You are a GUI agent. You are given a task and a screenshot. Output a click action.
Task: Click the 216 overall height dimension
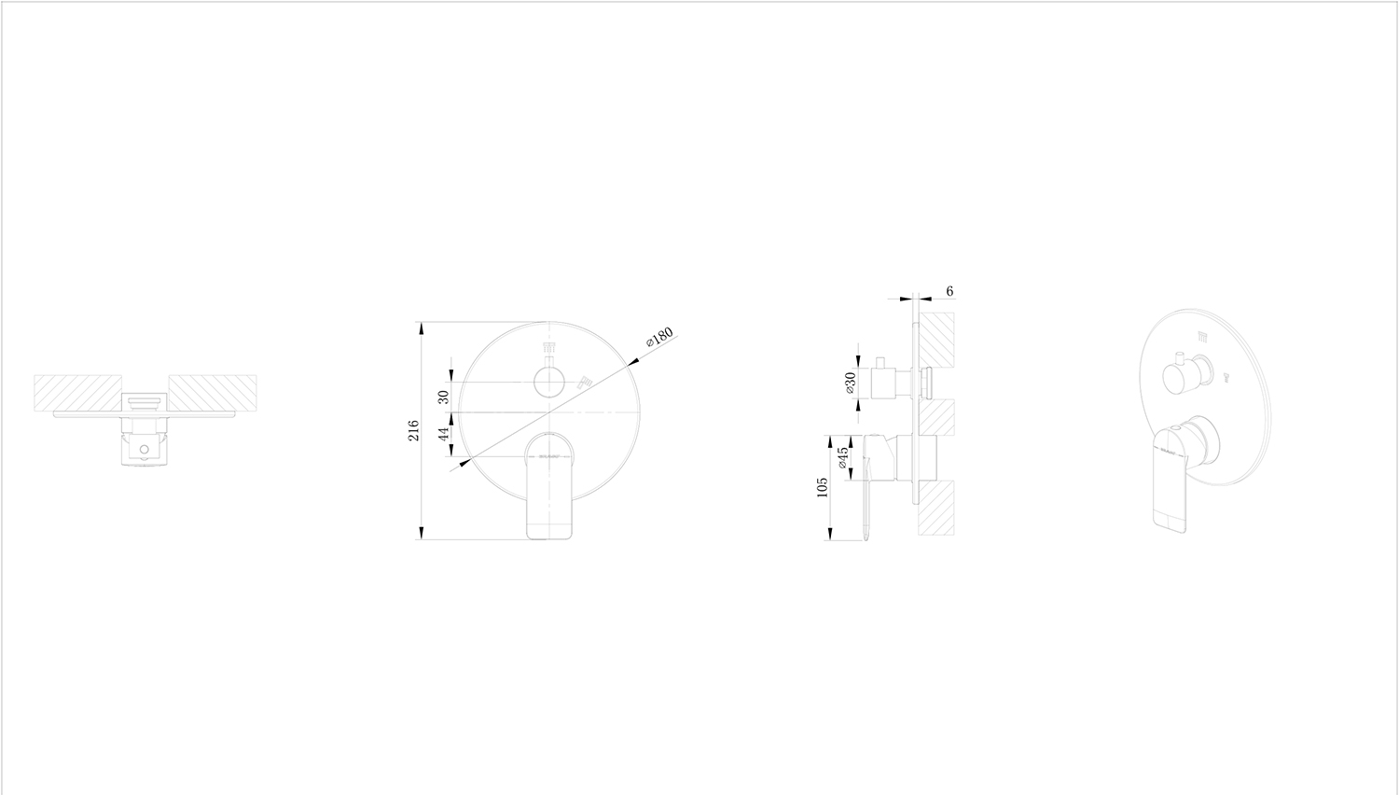(413, 430)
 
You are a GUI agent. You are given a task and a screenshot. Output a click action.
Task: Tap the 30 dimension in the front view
(444, 396)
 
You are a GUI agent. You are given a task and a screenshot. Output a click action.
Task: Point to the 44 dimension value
(444, 433)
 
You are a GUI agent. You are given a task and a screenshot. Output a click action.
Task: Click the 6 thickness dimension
(949, 291)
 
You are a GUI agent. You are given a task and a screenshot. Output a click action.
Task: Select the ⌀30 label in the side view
(850, 383)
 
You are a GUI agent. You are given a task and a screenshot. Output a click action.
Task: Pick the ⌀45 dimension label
(843, 457)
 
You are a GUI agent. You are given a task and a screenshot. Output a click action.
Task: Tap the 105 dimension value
(822, 487)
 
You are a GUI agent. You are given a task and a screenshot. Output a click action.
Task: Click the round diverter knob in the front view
(549, 383)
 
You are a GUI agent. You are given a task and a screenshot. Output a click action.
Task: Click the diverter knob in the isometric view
(1181, 376)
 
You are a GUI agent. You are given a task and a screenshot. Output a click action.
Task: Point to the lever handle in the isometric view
(1173, 485)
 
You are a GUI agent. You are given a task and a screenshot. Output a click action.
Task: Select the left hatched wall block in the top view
(77, 392)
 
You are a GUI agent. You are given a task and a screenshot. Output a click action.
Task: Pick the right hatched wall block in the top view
(212, 392)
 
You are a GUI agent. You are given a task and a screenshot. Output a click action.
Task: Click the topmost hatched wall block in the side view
(936, 339)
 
